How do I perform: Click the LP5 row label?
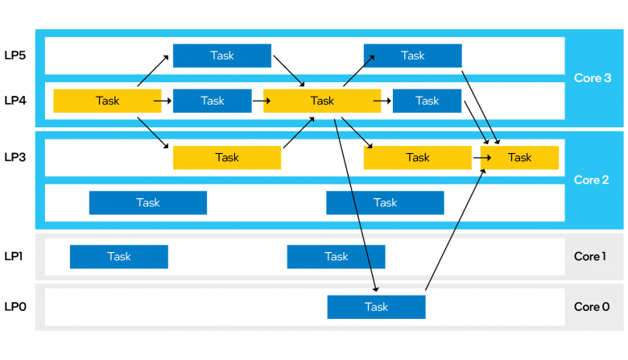pyautogui.click(x=15, y=56)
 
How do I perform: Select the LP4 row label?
pyautogui.click(x=15, y=101)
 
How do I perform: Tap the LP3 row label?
pyautogui.click(x=15, y=157)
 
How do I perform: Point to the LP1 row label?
pyautogui.click(x=14, y=256)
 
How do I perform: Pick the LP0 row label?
pyautogui.click(x=15, y=307)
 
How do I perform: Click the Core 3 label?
pyautogui.click(x=593, y=78)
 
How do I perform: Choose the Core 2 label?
pyautogui.click(x=591, y=180)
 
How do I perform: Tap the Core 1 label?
pyautogui.click(x=589, y=256)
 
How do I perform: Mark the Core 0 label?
pyautogui.click(x=592, y=307)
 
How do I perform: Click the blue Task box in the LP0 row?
pyautogui.click(x=376, y=307)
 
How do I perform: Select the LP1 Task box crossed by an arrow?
pyautogui.click(x=336, y=257)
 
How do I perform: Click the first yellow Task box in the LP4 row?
pyautogui.click(x=107, y=101)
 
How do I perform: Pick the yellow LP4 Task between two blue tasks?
pyautogui.click(x=322, y=101)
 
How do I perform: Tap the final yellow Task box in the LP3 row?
pyautogui.click(x=519, y=158)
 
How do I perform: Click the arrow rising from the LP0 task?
pyautogui.click(x=456, y=230)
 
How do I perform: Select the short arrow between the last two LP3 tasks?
pyautogui.click(x=482, y=158)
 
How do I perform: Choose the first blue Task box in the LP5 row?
pyautogui.click(x=222, y=56)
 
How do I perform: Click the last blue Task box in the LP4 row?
pyautogui.click(x=427, y=101)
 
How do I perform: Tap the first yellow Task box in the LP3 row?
pyautogui.click(x=227, y=158)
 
